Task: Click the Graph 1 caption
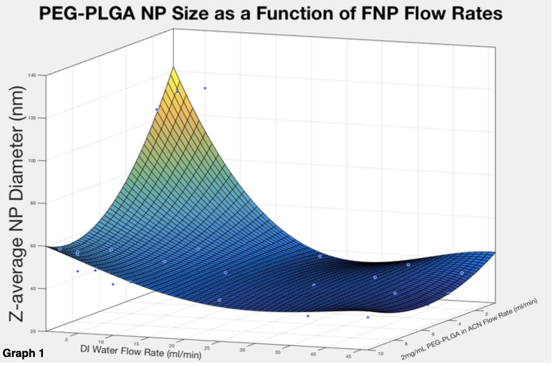23,354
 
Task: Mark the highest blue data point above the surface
205,88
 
